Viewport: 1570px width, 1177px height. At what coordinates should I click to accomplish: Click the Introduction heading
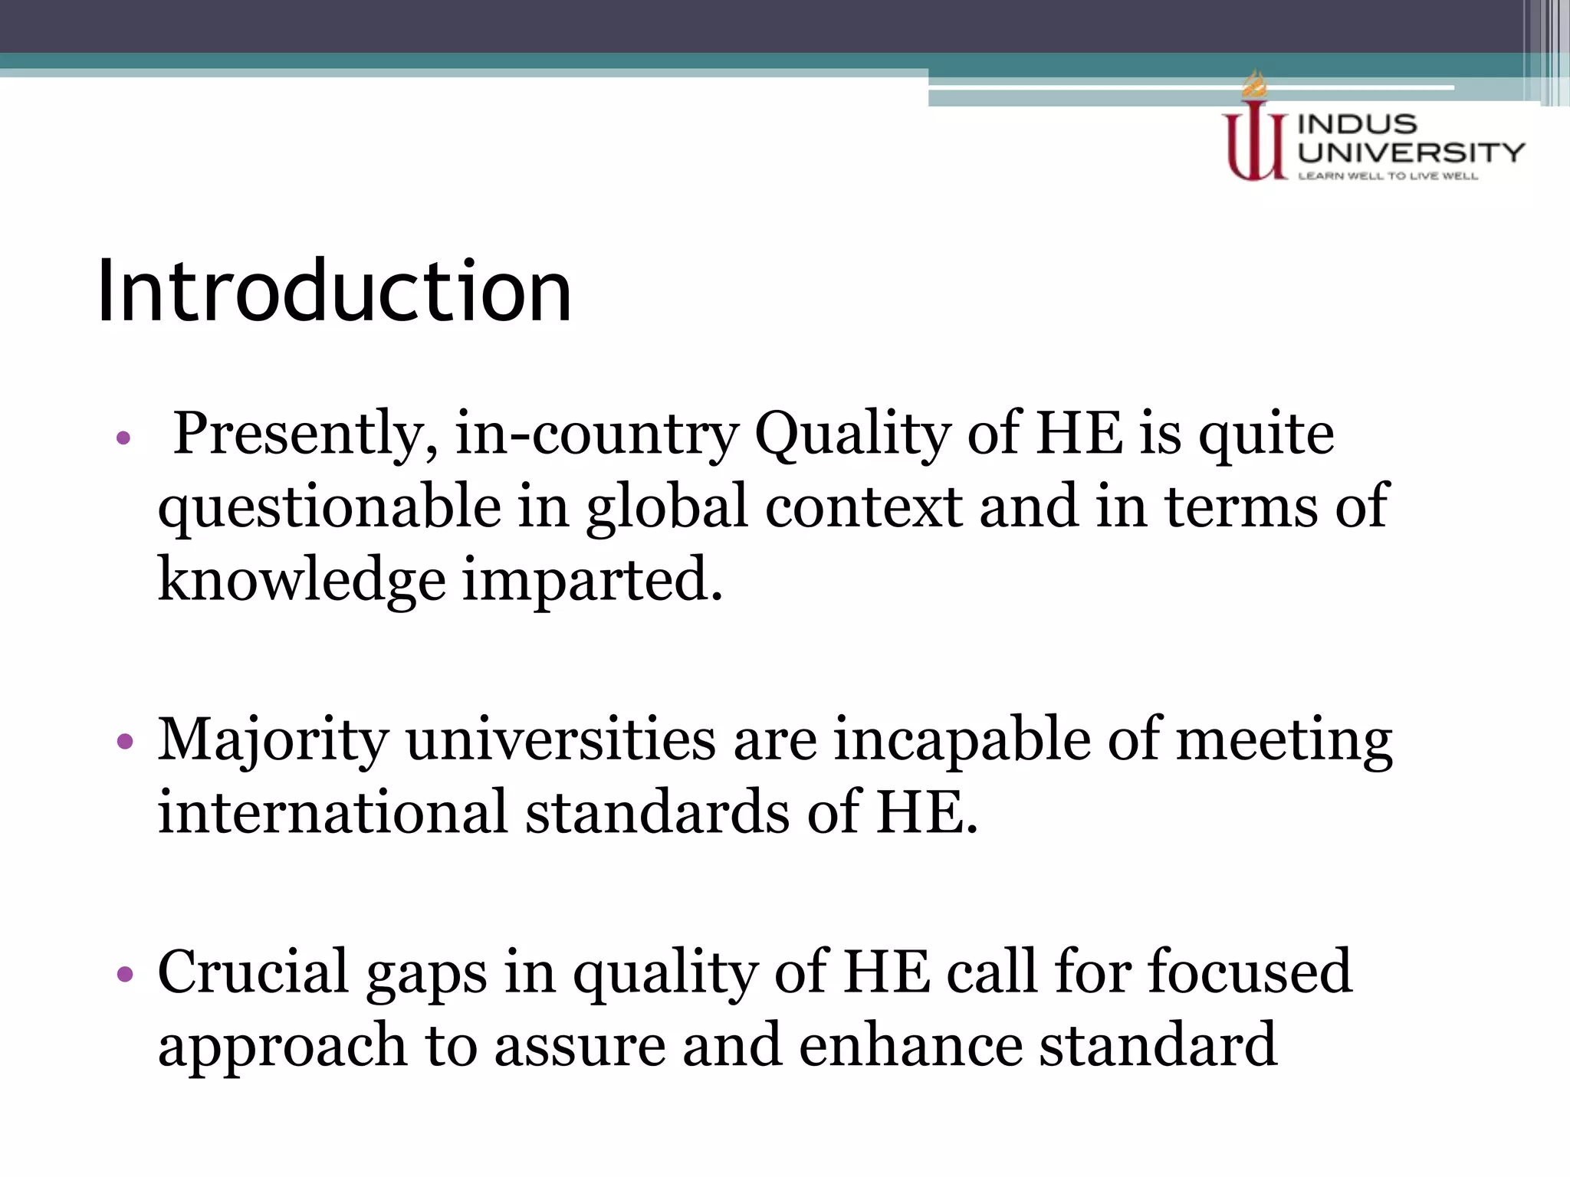click(334, 291)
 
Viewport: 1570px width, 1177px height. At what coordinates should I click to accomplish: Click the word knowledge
click(301, 580)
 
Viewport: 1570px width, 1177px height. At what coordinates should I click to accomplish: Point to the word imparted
click(593, 580)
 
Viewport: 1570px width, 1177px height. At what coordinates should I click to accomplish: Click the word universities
click(560, 740)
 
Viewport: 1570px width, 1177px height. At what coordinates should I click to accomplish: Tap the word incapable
click(962, 740)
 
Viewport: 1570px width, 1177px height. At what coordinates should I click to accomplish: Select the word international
click(333, 812)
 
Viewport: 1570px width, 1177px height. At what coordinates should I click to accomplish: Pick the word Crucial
click(253, 972)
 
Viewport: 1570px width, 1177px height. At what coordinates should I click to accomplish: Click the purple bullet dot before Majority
click(125, 742)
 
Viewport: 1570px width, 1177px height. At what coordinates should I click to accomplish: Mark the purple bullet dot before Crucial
click(125, 974)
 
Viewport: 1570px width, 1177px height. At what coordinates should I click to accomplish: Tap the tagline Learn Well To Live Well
click(1388, 176)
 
